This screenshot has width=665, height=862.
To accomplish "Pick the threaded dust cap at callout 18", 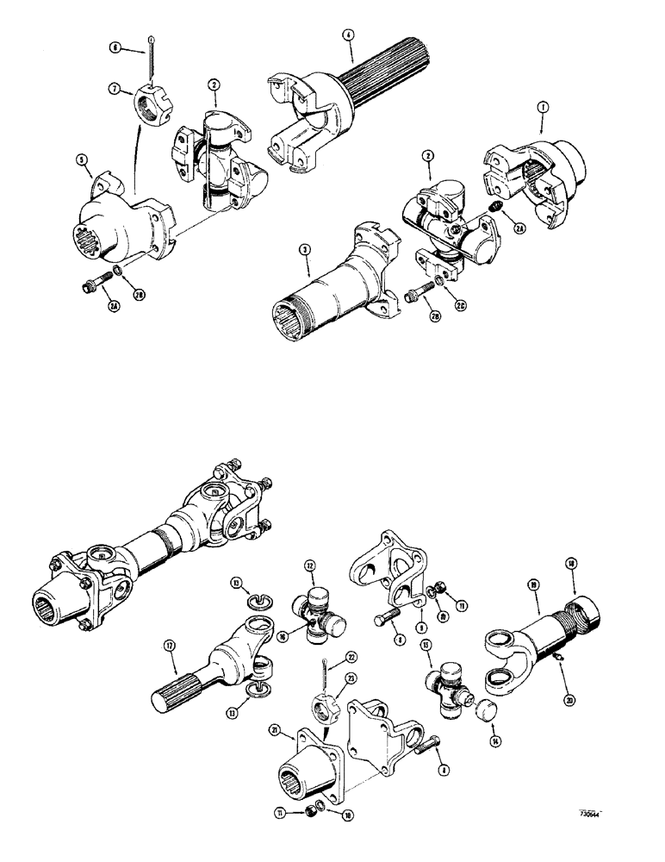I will click(x=587, y=613).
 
